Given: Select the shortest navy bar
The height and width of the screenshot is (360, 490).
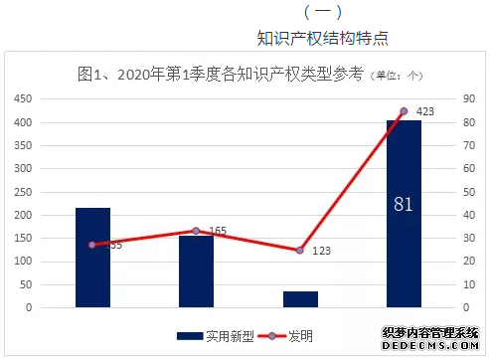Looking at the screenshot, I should pos(300,298).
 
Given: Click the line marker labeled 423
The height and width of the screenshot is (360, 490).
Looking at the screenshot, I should pos(404,111).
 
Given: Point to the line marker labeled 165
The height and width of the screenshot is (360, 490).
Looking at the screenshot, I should pos(196,231).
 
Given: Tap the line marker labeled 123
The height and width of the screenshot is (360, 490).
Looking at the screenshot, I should pos(300,250).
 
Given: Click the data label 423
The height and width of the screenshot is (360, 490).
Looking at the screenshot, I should pos(425,111).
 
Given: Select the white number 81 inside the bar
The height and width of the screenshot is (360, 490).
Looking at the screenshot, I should pos(404,205).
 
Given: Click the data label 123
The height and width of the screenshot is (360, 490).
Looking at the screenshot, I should pos(322,252).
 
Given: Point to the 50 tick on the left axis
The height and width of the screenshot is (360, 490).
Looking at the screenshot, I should pos(25,284).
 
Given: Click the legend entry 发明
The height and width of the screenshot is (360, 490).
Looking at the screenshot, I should pos(286,336).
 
